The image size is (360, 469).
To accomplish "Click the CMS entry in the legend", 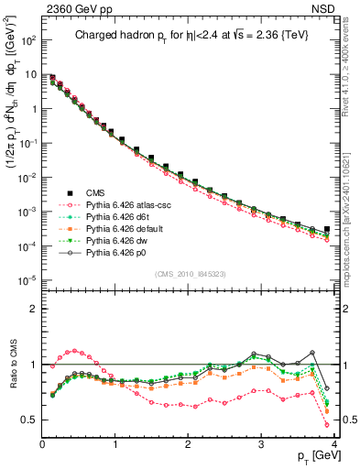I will pos(94,192).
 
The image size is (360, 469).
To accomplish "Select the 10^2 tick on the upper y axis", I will pos(28,41).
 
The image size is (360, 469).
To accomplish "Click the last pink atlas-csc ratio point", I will pos(327,425).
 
